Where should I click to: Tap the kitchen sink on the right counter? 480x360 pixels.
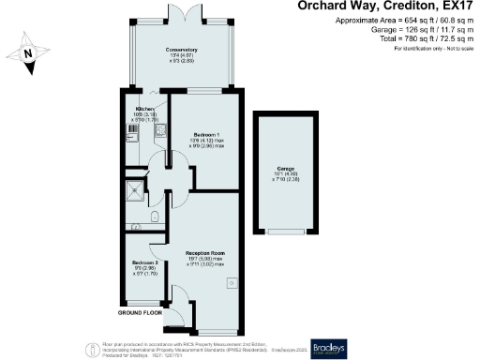(160, 131)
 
